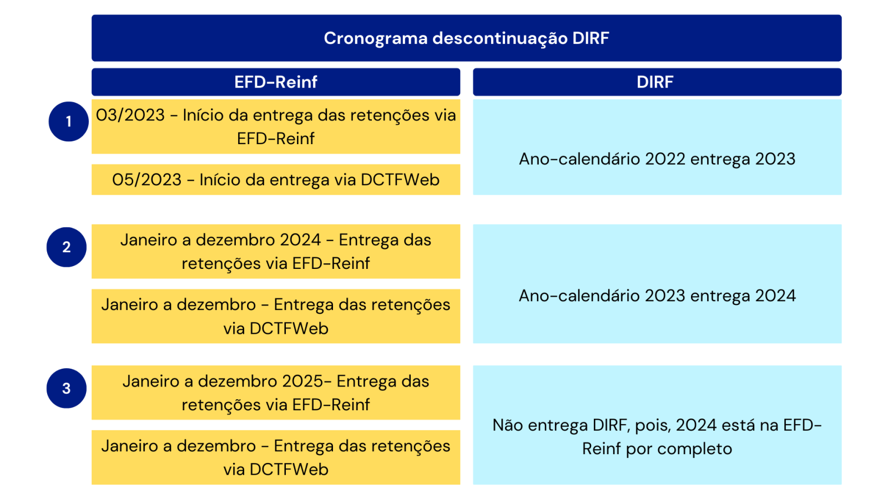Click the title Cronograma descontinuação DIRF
click(x=466, y=38)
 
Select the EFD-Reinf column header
click(x=276, y=82)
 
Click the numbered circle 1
click(x=69, y=121)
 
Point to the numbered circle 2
click(x=67, y=247)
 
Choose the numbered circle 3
click(x=67, y=388)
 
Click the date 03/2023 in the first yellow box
click(x=130, y=115)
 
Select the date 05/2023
click(x=147, y=180)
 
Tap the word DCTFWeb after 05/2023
click(x=400, y=180)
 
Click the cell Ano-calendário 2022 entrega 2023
click(x=657, y=147)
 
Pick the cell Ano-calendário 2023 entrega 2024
click(x=657, y=284)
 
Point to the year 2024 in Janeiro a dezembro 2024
click(x=300, y=240)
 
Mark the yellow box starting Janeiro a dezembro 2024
click(x=276, y=252)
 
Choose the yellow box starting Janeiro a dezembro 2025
click(x=276, y=393)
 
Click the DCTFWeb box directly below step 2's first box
click(x=276, y=316)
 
